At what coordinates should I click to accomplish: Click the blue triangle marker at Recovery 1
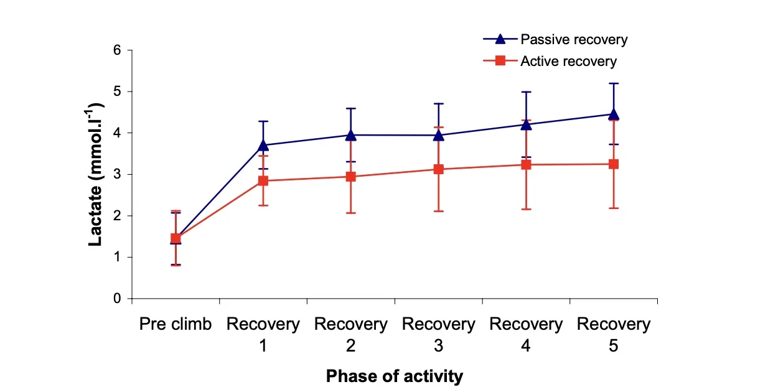pyautogui.click(x=263, y=145)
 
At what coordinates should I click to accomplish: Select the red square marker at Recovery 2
pyautogui.click(x=350, y=177)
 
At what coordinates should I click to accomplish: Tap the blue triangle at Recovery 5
pyautogui.click(x=614, y=114)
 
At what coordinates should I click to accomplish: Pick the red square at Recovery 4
pyautogui.click(x=526, y=165)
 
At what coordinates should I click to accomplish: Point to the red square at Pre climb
pyautogui.click(x=176, y=238)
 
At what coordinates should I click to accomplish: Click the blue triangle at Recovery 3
pyautogui.click(x=438, y=136)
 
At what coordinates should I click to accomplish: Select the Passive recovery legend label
pyautogui.click(x=574, y=39)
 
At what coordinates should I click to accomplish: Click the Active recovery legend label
pyautogui.click(x=568, y=62)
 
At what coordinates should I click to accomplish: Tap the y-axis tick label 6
pyautogui.click(x=117, y=50)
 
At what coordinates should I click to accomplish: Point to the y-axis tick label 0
pyautogui.click(x=117, y=299)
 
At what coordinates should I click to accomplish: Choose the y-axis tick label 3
pyautogui.click(x=117, y=174)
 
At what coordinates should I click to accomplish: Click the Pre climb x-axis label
pyautogui.click(x=176, y=324)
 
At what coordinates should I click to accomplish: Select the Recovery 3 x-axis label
pyautogui.click(x=438, y=334)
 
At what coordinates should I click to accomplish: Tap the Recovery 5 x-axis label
pyautogui.click(x=614, y=334)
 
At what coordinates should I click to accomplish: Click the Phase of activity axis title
pyautogui.click(x=395, y=376)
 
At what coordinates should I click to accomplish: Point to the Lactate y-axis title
pyautogui.click(x=95, y=174)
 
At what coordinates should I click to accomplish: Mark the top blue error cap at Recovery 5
pyautogui.click(x=614, y=83)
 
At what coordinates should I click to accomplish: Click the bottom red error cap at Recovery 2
pyautogui.click(x=350, y=213)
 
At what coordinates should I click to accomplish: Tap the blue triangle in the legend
pyautogui.click(x=500, y=39)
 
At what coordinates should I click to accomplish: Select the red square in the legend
pyautogui.click(x=500, y=61)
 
